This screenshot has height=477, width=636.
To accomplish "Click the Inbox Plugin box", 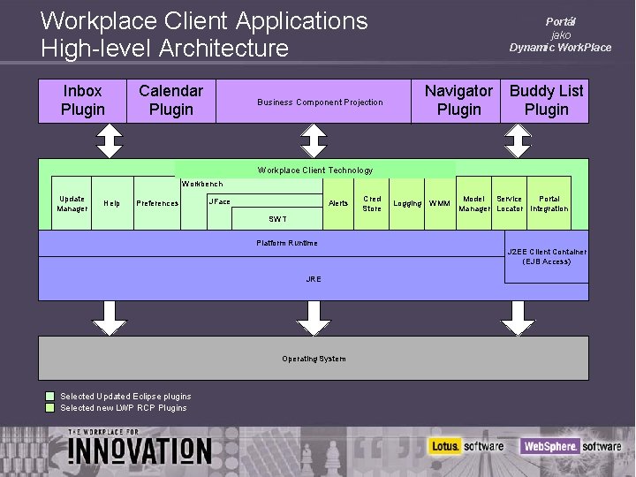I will pos(82,101).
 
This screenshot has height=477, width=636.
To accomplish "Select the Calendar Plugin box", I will pos(170,101).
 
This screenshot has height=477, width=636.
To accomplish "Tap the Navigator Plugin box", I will pos(458,101).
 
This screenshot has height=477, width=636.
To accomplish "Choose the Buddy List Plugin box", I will pos(546,101).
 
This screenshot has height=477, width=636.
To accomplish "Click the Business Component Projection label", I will pos(320,102).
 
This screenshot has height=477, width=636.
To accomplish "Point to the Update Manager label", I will pos(72,204).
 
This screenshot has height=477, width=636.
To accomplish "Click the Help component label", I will pos(112,204).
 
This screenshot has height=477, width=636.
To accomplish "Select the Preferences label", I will pos(157,204).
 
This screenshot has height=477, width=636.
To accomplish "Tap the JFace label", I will pos(219,202).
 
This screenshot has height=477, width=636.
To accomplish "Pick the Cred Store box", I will pos(372,204).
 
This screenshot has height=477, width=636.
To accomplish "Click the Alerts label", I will pos(338,204).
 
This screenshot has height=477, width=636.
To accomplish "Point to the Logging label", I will pos(407,204).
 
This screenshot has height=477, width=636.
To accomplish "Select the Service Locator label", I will pos(509,204).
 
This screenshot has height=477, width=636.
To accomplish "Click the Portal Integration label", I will pos(549,204).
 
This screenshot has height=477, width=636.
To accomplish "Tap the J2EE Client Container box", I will pos(546,257).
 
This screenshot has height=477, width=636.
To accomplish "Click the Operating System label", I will pos(314,359).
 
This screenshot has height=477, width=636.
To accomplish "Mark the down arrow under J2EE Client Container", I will pos(518,317).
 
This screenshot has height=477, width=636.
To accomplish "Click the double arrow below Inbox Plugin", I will pos(110,140).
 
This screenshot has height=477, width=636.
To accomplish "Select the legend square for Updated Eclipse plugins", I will pos(51,396).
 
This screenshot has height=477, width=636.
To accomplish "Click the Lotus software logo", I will pos(466,446).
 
